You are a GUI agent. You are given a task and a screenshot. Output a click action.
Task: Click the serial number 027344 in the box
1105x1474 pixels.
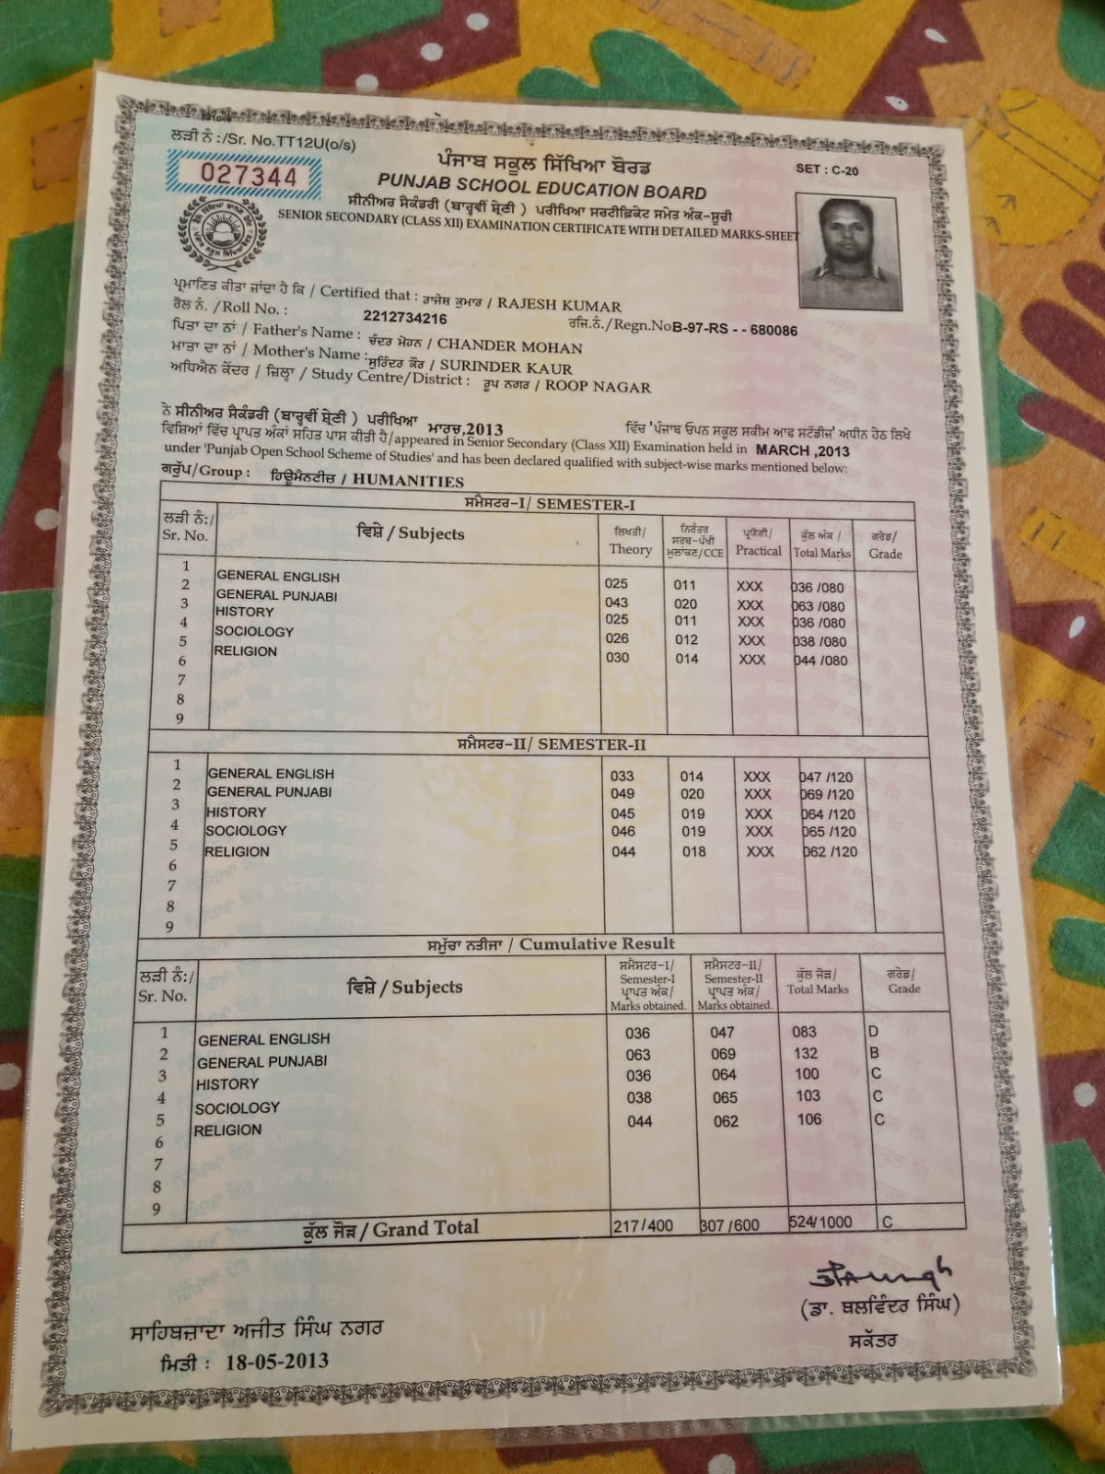point(236,175)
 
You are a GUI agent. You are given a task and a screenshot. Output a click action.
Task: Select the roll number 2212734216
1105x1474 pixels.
point(405,318)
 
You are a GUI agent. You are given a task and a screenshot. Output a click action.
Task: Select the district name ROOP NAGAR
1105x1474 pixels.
point(598,387)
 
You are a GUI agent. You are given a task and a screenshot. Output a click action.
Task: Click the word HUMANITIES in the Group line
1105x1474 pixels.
point(408,481)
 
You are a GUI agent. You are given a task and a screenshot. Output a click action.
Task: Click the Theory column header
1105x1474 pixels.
point(630,549)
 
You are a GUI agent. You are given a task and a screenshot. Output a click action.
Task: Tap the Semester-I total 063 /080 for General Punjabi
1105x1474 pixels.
point(818,606)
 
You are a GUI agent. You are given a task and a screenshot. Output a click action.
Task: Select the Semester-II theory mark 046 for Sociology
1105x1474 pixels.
point(622,832)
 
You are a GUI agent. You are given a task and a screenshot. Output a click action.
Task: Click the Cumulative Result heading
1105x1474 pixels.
point(597,944)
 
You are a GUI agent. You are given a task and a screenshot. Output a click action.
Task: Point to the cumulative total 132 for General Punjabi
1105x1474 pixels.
point(805,1053)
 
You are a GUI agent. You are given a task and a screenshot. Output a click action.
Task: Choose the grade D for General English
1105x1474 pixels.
point(874,1031)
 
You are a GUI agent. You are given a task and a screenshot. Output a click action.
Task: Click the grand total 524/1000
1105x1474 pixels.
point(820,1222)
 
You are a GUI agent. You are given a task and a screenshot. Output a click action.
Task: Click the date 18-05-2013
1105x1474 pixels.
point(276,1362)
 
